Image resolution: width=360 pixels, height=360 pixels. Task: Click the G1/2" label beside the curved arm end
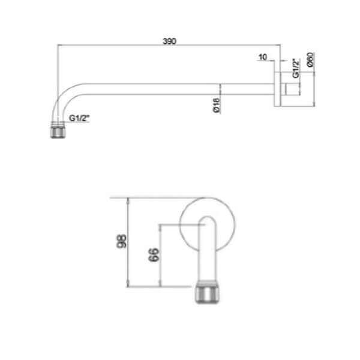point(79,119)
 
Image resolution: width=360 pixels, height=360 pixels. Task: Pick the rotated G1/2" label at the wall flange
point(295,68)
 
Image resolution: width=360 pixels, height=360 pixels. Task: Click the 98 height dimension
point(122,242)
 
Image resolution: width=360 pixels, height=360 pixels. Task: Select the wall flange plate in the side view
point(279,90)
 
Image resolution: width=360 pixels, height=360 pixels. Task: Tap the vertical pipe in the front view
point(208,252)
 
